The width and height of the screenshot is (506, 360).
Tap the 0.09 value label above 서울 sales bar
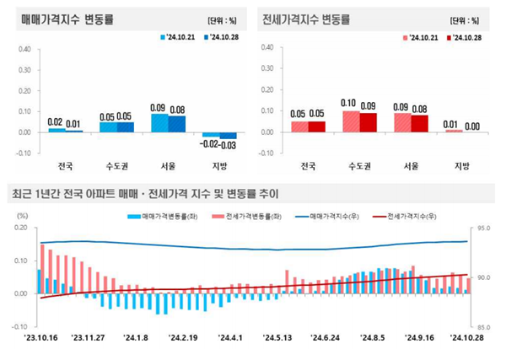click(158, 108)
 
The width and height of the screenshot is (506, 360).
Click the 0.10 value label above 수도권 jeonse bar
click(350, 104)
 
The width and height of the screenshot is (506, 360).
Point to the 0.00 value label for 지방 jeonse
click(472, 126)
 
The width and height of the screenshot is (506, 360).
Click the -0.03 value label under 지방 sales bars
click(225, 146)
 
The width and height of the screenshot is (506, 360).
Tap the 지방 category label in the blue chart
click(217, 166)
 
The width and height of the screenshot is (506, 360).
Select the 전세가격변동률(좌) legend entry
click(245, 218)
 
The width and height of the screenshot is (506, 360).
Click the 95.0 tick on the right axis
click(484, 228)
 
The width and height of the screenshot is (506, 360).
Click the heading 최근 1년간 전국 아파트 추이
click(143, 193)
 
